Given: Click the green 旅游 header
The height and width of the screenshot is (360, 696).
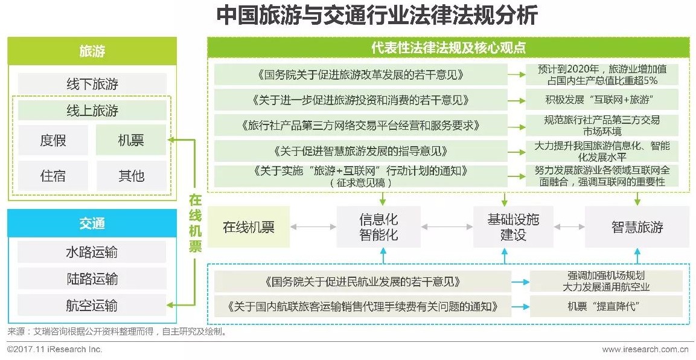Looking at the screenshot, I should tap(92, 51).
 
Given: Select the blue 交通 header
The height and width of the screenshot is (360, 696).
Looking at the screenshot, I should tap(92, 223).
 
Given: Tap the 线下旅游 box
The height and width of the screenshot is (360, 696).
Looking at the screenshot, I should tap(92, 84).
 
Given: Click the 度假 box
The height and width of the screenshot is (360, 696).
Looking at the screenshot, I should tap(53, 141).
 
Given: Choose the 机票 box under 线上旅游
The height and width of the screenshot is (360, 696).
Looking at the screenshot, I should tap(131, 141).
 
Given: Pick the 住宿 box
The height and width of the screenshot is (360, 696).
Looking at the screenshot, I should tap(53, 176).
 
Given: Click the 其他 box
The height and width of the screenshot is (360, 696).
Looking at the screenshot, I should tap(131, 176).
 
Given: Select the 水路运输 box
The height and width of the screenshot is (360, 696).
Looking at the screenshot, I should tap(92, 252).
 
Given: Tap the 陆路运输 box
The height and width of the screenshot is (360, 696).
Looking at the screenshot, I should tap(92, 278).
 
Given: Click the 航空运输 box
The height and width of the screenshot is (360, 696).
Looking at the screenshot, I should tap(92, 305).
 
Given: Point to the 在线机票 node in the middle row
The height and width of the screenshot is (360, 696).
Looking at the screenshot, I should tap(248, 227).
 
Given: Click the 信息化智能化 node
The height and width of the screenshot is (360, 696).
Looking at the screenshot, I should tap(378, 227).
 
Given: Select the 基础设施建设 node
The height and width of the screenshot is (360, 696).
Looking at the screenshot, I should tap(512, 227).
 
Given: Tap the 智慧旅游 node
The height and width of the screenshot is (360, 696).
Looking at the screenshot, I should tap(637, 227).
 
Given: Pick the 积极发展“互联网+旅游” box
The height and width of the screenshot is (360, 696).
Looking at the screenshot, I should tap(601, 98).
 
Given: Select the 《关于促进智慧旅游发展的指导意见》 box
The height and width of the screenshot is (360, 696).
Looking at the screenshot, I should tap(360, 150).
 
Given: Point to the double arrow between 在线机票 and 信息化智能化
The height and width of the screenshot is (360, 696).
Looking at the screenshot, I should tap(313, 227).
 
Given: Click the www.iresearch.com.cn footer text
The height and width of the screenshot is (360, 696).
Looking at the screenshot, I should tap(645, 349).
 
